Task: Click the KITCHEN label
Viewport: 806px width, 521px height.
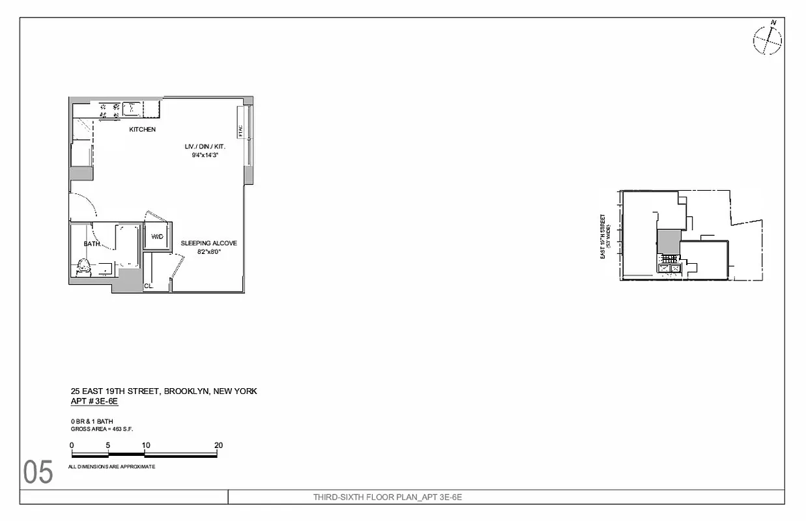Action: pos(142,130)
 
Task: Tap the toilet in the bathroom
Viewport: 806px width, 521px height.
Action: pos(83,267)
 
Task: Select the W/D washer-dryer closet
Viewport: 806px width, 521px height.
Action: pos(158,236)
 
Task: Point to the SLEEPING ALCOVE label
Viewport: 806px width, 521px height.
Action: pos(209,244)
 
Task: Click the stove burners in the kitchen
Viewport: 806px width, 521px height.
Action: pos(109,110)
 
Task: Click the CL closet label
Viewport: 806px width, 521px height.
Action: pos(149,285)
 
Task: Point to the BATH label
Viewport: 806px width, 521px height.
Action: pos(91,244)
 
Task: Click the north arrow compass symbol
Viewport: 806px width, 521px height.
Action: pos(768,40)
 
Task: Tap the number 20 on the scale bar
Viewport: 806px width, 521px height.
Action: pos(218,445)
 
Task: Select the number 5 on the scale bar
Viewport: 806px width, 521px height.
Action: pos(108,445)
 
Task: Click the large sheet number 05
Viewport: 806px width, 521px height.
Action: pos(38,473)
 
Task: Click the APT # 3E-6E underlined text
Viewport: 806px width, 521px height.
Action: pos(94,402)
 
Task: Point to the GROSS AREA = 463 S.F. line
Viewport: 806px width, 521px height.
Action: pos(102,429)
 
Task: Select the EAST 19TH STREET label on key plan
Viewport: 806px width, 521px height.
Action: pos(603,237)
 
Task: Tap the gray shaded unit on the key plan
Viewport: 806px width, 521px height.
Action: pos(668,242)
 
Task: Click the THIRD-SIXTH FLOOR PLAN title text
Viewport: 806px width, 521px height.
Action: pos(387,498)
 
